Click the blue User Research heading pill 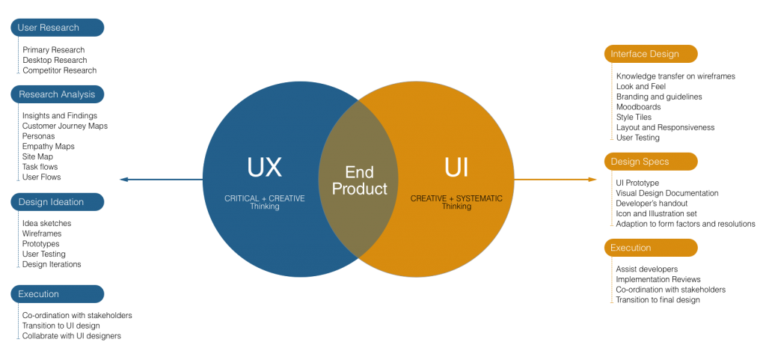tap(57, 28)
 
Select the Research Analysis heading tap(57, 94)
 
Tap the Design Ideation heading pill tap(57, 202)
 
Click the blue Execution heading tap(57, 294)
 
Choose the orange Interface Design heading tap(651, 54)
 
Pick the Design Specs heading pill tap(651, 162)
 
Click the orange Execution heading tap(651, 248)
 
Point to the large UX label tap(264, 168)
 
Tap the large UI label tap(456, 168)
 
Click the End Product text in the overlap tap(360, 180)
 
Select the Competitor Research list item tap(60, 70)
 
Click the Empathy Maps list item tap(49, 146)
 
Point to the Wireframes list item tap(42, 234)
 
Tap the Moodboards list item tap(639, 107)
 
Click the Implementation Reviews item tap(658, 279)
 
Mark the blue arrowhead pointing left tap(124, 180)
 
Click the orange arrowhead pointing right tap(592, 180)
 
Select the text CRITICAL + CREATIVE tap(264, 199)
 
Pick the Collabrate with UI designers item tap(72, 336)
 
